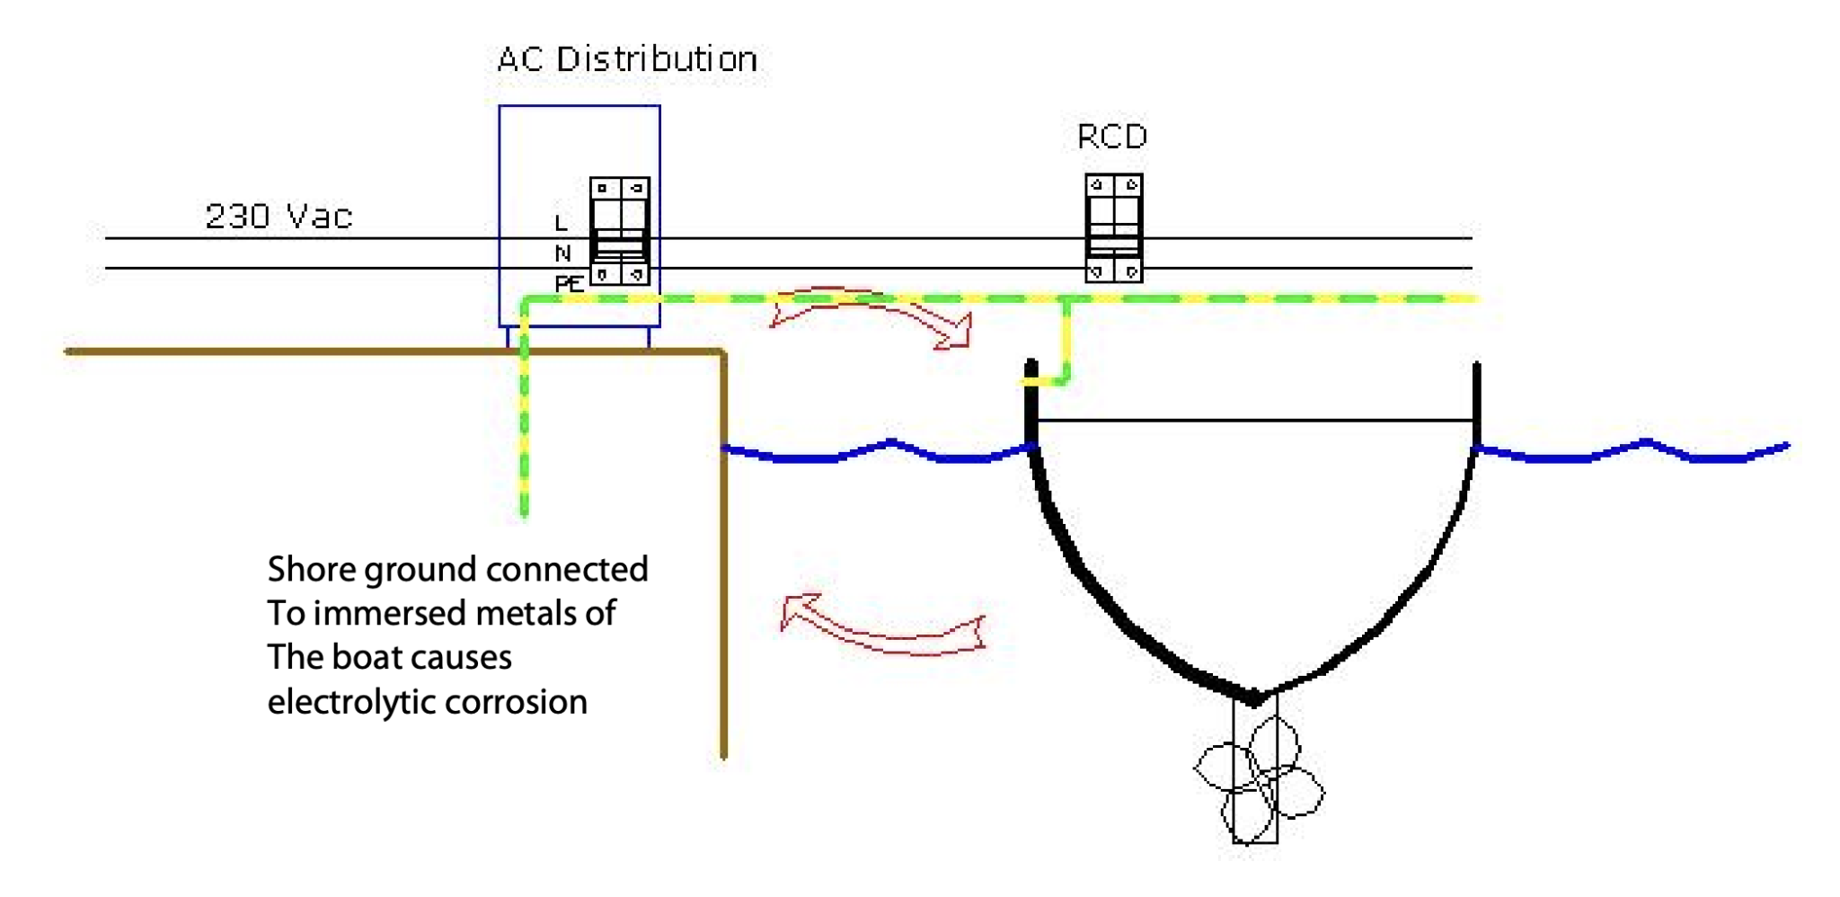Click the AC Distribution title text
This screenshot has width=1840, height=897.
coord(627,60)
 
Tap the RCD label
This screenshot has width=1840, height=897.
coord(1112,137)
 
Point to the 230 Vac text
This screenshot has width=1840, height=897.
coord(279,217)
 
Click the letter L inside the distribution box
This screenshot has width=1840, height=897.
coord(561,223)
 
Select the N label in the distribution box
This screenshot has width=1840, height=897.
coord(562,253)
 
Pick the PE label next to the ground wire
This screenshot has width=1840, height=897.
coord(569,284)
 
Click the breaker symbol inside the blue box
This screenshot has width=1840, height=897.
coord(619,231)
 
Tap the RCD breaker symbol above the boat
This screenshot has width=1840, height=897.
coord(1113,228)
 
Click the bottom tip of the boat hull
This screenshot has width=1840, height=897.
coord(1254,697)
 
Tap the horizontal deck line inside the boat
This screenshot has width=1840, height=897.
coord(1253,420)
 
